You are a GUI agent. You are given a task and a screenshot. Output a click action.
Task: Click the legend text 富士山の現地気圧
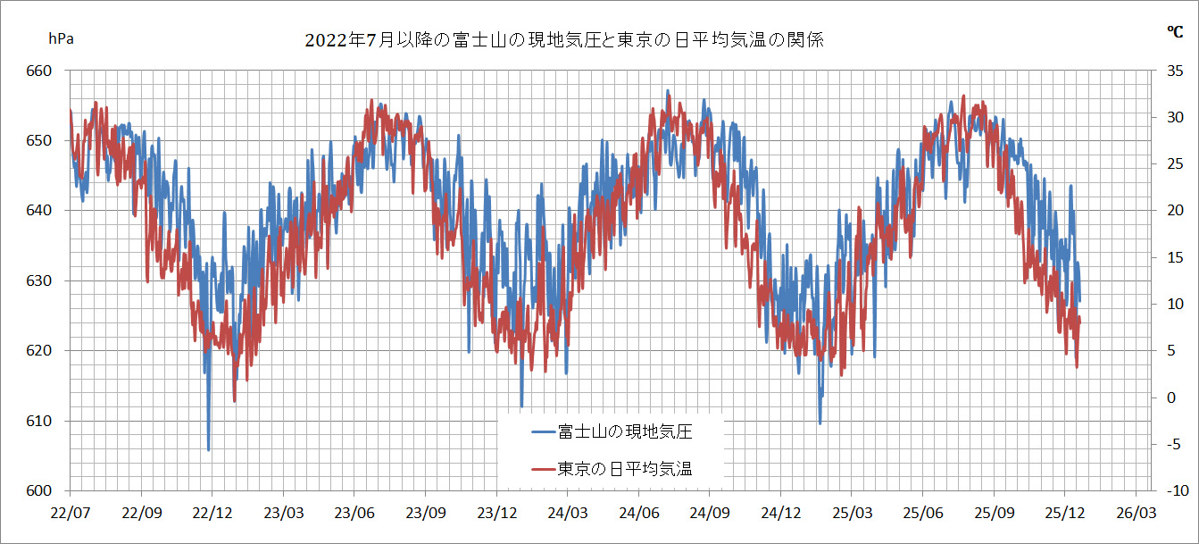[x=625, y=432]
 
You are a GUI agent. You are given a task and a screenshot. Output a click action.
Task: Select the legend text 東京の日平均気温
[x=625, y=468]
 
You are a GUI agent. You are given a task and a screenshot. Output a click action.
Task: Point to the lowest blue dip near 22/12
[x=209, y=449]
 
